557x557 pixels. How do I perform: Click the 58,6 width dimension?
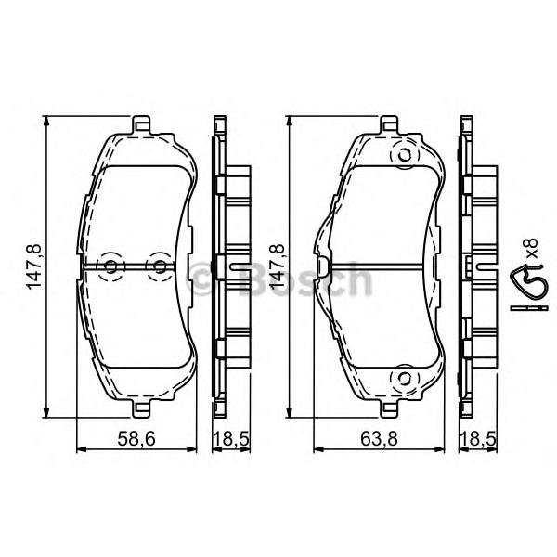[136, 439]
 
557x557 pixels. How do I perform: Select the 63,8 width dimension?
[379, 439]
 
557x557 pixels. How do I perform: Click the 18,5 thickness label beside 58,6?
[231, 439]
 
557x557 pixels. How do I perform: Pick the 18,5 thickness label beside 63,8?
[478, 439]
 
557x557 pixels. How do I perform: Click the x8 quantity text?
[532, 248]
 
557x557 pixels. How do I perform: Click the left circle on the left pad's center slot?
[110, 266]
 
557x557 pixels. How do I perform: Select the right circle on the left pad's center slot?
[161, 266]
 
